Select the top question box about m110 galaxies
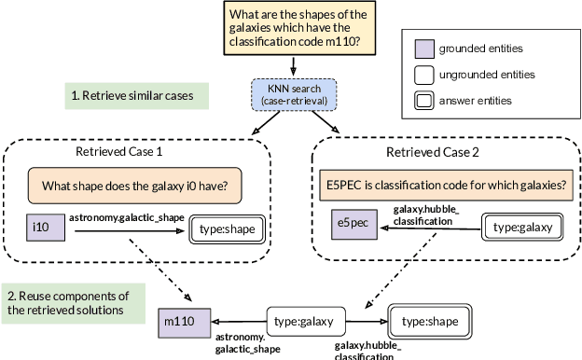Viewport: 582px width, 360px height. tap(295, 29)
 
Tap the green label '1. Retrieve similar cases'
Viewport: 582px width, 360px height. tap(138, 95)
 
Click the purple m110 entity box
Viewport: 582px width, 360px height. tap(183, 322)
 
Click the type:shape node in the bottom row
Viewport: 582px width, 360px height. tap(430, 321)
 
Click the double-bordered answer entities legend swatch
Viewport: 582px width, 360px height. tap(422, 100)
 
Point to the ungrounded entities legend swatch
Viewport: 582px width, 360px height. tap(422, 73)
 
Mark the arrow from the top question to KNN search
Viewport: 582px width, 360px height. tap(295, 68)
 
